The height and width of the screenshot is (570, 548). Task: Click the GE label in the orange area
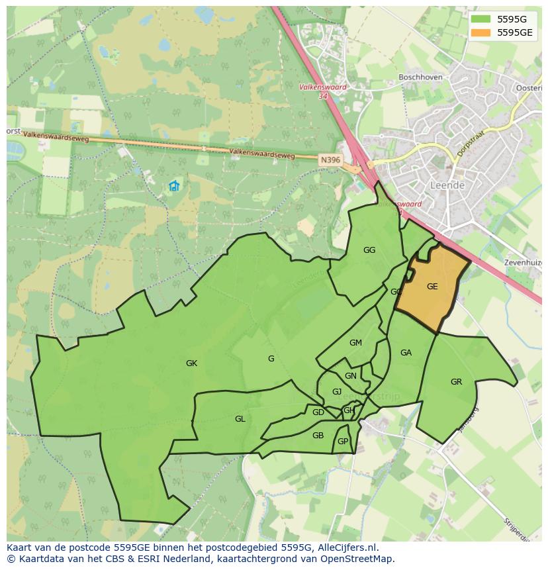coord(432,287)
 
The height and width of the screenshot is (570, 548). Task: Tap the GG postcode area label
coord(369,250)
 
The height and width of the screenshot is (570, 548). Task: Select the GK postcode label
coord(191,363)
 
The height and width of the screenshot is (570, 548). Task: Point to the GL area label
coord(240,418)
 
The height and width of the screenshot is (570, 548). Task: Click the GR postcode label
coord(456,381)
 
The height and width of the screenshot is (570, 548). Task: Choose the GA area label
coord(406,353)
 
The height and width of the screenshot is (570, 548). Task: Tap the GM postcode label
coord(355,342)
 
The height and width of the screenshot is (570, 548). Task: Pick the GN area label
coord(350,376)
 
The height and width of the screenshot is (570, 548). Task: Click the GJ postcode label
coord(337,392)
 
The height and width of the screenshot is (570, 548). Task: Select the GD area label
coord(318,412)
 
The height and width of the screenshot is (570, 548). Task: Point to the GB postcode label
coord(318,435)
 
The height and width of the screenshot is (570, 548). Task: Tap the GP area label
coord(343,442)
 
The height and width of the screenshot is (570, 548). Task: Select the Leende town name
coord(447,185)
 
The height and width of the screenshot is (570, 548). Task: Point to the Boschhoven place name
coord(420,77)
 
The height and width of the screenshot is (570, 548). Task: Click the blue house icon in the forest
coord(174,186)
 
